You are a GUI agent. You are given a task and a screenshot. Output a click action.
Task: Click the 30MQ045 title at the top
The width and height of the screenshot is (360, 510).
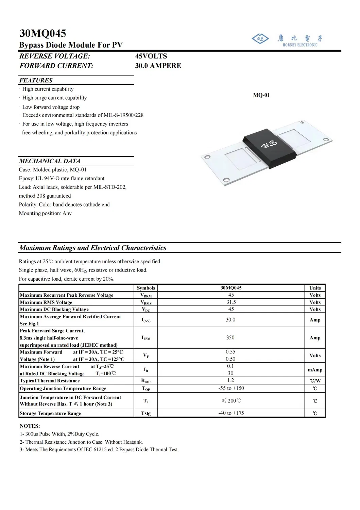43,33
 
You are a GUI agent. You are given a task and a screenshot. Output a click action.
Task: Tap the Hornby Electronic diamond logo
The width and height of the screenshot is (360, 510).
260,39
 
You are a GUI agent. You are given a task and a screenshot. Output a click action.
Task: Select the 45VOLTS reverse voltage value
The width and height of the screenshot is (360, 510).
151,56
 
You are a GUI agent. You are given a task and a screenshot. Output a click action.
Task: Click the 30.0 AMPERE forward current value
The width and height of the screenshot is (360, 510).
158,66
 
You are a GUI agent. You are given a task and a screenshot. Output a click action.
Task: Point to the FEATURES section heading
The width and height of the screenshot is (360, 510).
36,80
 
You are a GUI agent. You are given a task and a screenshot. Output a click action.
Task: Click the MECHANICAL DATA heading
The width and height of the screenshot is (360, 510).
50,161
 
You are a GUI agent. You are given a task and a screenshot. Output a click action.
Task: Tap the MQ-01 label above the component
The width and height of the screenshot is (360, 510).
261,95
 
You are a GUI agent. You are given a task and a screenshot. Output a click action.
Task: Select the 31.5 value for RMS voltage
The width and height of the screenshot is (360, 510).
231,302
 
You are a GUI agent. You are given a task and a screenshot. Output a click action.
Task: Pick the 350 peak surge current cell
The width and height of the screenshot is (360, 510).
230,338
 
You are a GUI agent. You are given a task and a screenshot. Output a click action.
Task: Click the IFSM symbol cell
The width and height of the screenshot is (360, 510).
146,338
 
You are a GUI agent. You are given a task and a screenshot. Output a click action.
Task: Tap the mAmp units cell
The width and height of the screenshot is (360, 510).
315,370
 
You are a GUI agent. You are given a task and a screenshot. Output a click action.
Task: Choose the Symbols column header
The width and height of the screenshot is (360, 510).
146,288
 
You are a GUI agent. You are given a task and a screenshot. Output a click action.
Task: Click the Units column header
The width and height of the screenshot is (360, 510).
315,288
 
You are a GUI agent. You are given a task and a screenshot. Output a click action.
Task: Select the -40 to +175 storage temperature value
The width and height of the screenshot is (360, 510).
231,413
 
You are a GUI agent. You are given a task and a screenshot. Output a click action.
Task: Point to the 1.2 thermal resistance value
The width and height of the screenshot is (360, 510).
230,380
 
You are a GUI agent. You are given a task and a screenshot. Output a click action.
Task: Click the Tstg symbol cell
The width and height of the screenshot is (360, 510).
146,413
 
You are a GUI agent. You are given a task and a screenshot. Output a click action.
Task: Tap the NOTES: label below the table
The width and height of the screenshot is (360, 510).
30,426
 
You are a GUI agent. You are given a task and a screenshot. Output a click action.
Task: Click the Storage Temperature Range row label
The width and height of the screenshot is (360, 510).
50,413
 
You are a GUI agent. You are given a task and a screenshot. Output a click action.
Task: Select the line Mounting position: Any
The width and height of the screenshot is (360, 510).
45,213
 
